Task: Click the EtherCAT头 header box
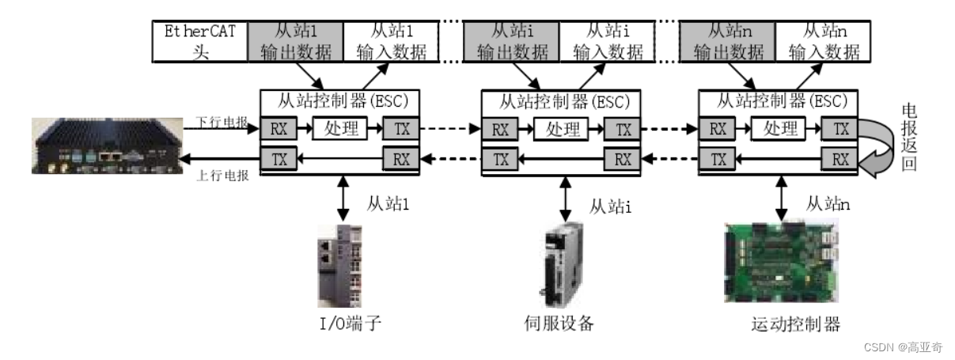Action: click(199, 42)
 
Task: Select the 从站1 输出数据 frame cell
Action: click(295, 42)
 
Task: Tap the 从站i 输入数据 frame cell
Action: click(608, 42)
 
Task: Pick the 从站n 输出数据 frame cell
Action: click(729, 42)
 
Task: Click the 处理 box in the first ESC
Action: click(341, 128)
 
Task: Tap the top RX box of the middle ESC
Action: click(500, 128)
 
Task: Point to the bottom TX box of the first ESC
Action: click(279, 158)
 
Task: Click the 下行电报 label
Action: click(222, 123)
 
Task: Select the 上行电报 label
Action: click(222, 176)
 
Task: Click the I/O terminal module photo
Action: click(342, 266)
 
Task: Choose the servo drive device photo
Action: click(563, 265)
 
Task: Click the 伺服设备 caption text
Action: click(559, 324)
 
